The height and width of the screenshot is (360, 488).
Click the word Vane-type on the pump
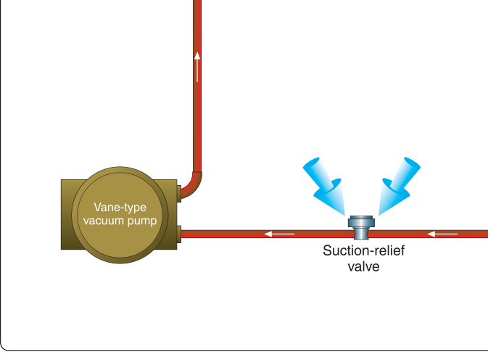[120, 208]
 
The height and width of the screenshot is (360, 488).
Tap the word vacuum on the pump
[103, 221]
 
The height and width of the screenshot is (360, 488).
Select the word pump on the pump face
[142, 221]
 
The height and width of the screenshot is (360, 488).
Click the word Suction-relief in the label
[363, 250]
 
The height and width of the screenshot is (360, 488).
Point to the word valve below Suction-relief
[363, 266]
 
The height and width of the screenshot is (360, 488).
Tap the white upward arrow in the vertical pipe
[197, 67]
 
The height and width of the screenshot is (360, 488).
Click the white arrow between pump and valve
[279, 234]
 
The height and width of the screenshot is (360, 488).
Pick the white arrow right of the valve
[442, 234]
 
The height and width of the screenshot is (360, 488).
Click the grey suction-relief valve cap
[361, 221]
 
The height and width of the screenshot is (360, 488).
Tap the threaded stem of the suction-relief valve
[361, 233]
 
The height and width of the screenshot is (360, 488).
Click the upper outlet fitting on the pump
[179, 194]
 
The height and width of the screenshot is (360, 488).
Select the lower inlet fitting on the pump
[179, 234]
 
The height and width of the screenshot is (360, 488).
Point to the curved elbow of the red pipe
[194, 187]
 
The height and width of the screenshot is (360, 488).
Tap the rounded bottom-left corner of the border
[4, 347]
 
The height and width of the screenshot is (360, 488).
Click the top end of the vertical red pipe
[197, 1]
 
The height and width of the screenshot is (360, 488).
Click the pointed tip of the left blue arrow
[345, 215]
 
